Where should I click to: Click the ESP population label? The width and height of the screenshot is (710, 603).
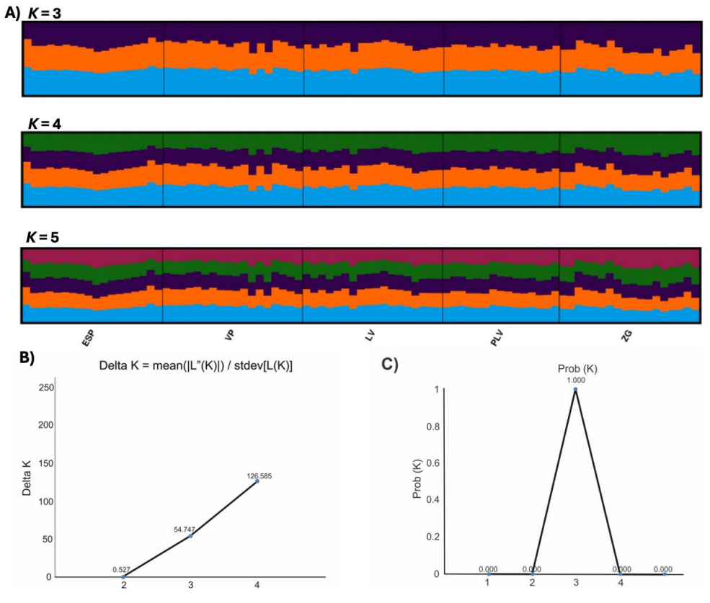coord(89,338)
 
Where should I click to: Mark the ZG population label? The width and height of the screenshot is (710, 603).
coord(626,336)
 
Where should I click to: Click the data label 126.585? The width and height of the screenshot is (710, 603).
coord(257,475)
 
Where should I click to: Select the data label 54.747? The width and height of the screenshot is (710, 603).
coord(185,529)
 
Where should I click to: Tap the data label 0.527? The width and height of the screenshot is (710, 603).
coord(121,569)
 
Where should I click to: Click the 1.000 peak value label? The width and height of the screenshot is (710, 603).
coord(574,380)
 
